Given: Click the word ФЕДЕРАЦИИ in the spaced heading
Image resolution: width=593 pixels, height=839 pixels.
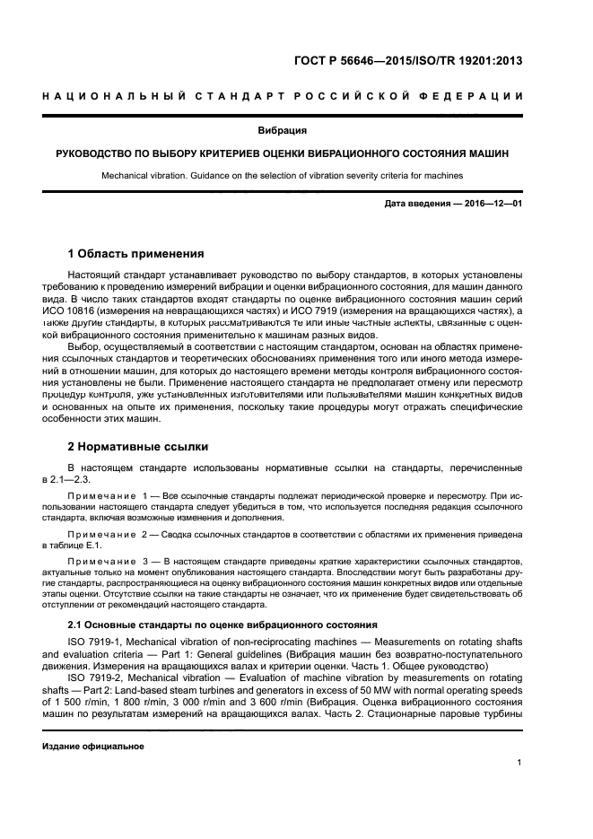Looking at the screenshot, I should coord(475,97).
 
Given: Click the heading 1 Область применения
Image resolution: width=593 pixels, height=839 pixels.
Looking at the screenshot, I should coord(136,253).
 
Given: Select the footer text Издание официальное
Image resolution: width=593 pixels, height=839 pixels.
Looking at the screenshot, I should coord(93,746).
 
